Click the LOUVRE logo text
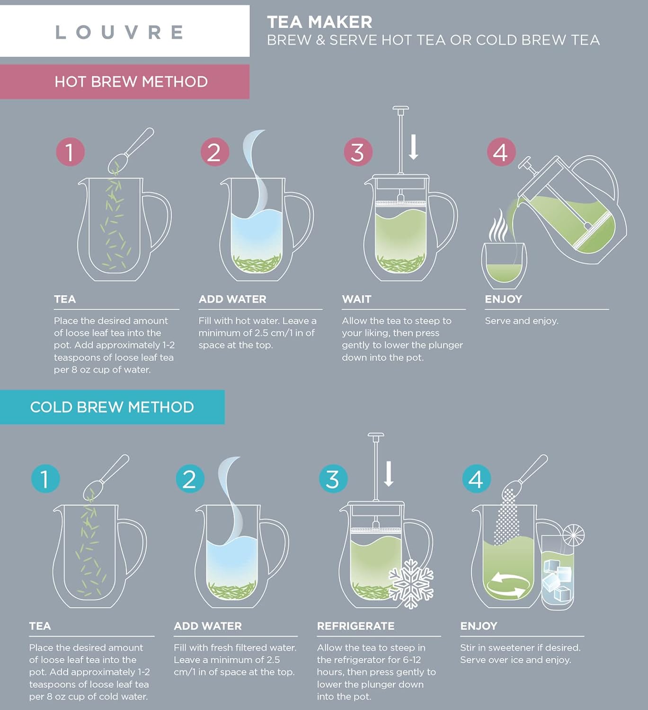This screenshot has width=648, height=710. click(119, 32)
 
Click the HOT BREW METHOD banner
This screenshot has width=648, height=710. click(131, 81)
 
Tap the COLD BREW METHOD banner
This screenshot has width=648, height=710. click(112, 407)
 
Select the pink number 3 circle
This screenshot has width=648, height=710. click(358, 152)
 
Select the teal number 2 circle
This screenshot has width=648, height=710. click(189, 479)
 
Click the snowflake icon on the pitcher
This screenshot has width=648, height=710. click(411, 583)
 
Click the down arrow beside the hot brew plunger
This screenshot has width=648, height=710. click(413, 147)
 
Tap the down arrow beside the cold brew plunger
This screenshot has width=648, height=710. click(389, 474)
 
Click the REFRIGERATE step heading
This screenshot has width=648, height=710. click(355, 626)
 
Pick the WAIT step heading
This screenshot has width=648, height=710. click(356, 299)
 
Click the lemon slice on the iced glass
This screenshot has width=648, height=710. click(573, 535)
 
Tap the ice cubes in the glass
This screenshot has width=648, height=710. click(557, 580)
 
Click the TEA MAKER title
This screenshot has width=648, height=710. click(320, 22)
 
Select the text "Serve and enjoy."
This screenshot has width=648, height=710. click(521, 321)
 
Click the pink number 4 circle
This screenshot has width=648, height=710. click(501, 152)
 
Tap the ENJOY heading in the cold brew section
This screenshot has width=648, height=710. click(479, 626)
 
